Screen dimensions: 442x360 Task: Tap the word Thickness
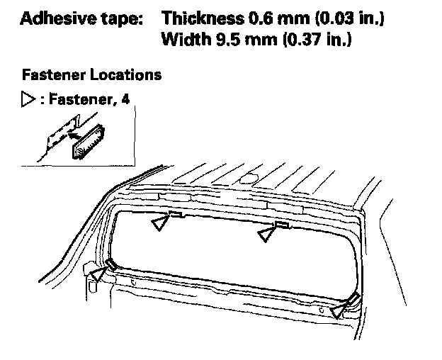(203, 18)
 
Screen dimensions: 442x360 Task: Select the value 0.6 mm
(279, 18)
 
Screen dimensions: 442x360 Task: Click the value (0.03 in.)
(349, 18)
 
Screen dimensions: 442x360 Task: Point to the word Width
(186, 39)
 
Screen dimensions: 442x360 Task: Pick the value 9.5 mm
(246, 39)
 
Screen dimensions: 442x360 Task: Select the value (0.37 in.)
(317, 39)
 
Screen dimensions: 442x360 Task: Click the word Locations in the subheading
(125, 75)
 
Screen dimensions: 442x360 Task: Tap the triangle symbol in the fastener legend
(28, 99)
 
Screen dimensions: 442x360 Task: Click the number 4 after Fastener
(125, 99)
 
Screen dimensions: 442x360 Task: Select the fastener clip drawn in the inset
(89, 141)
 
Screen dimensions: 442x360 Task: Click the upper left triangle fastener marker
(161, 223)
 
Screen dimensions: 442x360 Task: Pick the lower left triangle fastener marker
(98, 274)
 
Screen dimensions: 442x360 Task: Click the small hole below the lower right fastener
(322, 310)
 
